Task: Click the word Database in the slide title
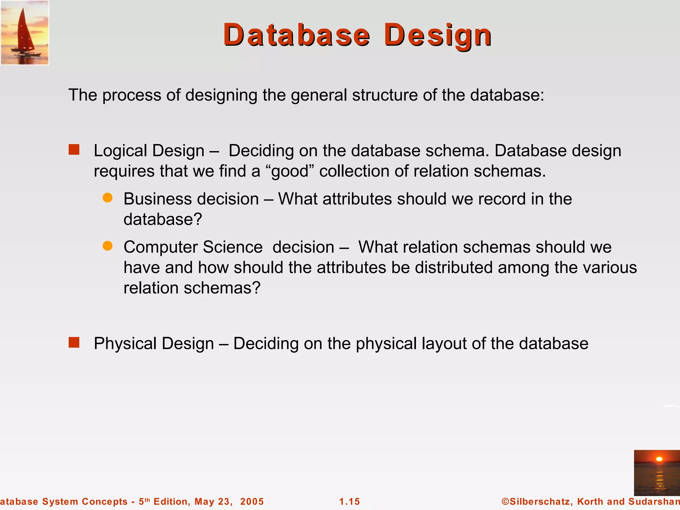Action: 297,35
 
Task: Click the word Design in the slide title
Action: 438,35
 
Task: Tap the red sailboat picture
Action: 25,33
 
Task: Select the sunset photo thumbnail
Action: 657,473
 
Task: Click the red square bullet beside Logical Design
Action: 74,150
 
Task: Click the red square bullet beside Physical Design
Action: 74,342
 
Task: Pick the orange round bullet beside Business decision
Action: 108,198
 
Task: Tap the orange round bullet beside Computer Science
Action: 108,246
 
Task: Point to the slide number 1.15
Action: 350,501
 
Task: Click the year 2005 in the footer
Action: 252,501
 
